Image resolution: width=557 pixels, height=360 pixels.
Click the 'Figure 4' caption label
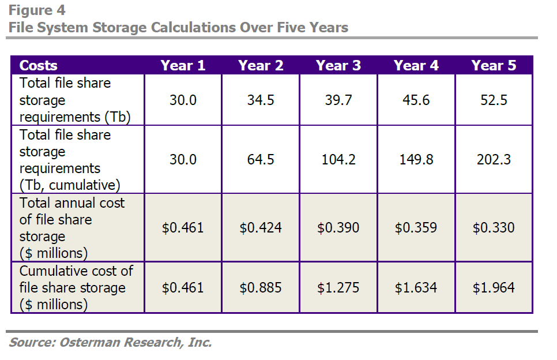click(37, 10)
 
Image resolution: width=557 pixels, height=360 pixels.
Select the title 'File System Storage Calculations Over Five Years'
click(178, 27)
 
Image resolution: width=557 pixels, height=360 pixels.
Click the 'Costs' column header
click(39, 65)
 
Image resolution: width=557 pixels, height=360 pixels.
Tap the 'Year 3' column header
click(338, 65)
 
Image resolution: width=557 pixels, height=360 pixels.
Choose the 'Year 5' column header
click(494, 65)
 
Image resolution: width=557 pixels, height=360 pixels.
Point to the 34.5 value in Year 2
click(261, 100)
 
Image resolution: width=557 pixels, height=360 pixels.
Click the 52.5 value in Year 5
click(494, 100)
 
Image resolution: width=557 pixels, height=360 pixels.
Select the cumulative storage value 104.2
click(338, 160)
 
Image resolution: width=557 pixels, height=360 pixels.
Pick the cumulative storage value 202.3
click(494, 160)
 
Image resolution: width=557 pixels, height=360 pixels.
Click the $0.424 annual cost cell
click(261, 228)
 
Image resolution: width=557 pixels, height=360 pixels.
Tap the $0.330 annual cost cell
click(494, 228)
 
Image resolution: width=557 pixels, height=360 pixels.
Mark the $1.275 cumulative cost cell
click(338, 287)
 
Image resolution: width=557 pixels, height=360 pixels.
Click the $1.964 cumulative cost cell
click(494, 287)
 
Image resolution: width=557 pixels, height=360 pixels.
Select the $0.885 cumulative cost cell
click(261, 287)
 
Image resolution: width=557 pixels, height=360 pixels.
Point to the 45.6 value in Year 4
click(416, 100)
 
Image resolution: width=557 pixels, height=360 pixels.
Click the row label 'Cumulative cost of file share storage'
click(76, 287)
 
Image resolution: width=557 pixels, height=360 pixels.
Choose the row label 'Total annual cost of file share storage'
click(71, 228)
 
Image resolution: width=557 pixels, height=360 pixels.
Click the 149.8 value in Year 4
click(416, 160)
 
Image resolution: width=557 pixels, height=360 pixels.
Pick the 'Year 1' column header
click(183, 65)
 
